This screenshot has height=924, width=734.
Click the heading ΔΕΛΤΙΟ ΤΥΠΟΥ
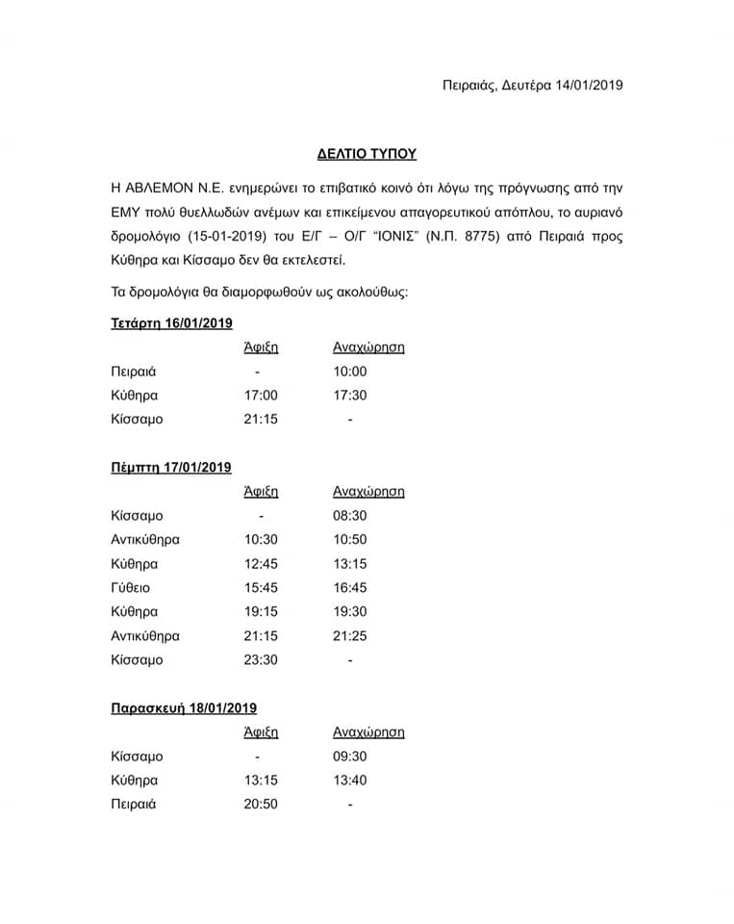click(367, 153)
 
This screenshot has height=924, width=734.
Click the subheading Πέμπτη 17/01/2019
click(171, 468)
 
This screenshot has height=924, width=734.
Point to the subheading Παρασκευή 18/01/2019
click(183, 708)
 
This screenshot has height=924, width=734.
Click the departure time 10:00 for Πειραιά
click(349, 372)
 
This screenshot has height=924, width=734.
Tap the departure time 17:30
click(349, 396)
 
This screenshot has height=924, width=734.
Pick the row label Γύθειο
click(132, 588)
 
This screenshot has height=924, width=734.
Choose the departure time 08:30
click(349, 516)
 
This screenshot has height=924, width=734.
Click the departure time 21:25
click(349, 636)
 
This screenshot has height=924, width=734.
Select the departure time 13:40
click(349, 780)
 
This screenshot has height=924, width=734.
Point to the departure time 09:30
click(349, 757)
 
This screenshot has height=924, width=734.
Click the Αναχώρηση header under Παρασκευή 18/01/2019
click(368, 732)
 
